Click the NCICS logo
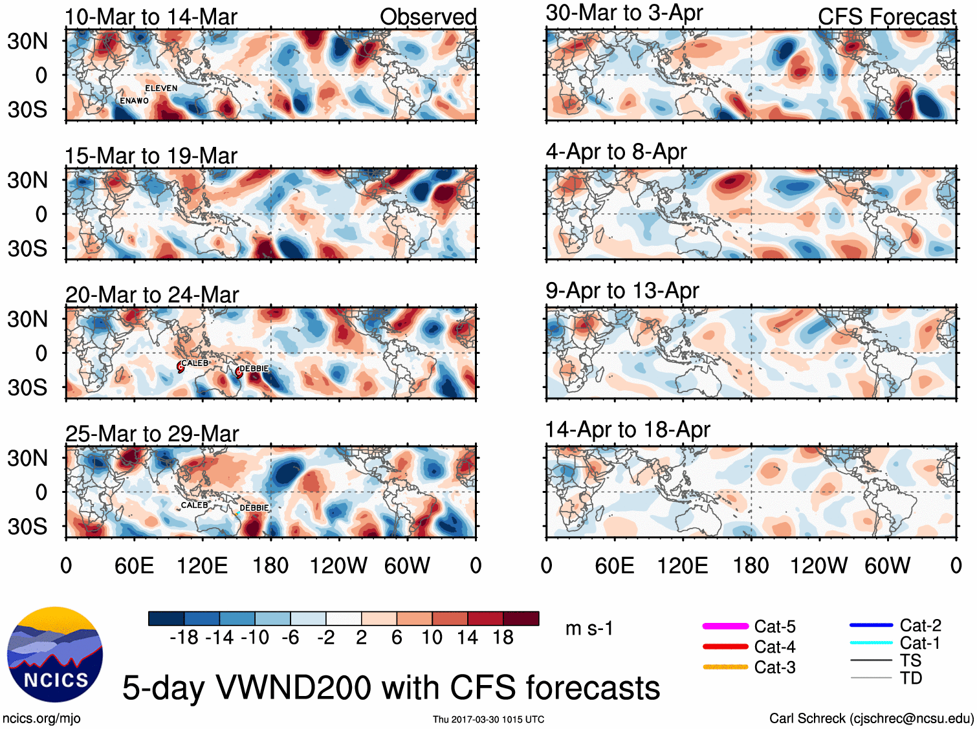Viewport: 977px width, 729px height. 55,654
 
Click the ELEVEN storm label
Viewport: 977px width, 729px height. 161,88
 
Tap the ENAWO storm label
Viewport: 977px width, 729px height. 134,101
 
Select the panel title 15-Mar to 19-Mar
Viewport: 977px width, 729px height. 151,156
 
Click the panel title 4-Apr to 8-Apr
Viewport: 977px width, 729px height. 616,151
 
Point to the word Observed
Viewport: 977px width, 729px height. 428,17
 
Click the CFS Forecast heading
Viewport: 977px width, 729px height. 886,17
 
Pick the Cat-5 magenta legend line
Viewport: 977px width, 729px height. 725,626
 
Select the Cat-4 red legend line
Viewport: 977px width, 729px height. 725,646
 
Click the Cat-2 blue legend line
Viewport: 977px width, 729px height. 871,626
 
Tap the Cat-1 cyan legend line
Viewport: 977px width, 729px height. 871,643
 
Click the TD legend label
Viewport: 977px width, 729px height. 910,678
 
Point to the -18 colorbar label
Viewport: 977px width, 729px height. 184,638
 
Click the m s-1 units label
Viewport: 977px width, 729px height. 589,628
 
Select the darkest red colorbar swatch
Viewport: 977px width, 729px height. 521,618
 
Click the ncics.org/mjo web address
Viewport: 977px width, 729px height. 41,718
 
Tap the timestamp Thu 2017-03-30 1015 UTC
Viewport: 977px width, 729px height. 488,719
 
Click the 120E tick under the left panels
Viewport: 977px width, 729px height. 203,566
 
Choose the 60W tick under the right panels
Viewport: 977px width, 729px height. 887,566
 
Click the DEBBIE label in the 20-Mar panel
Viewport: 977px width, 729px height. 254,369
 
